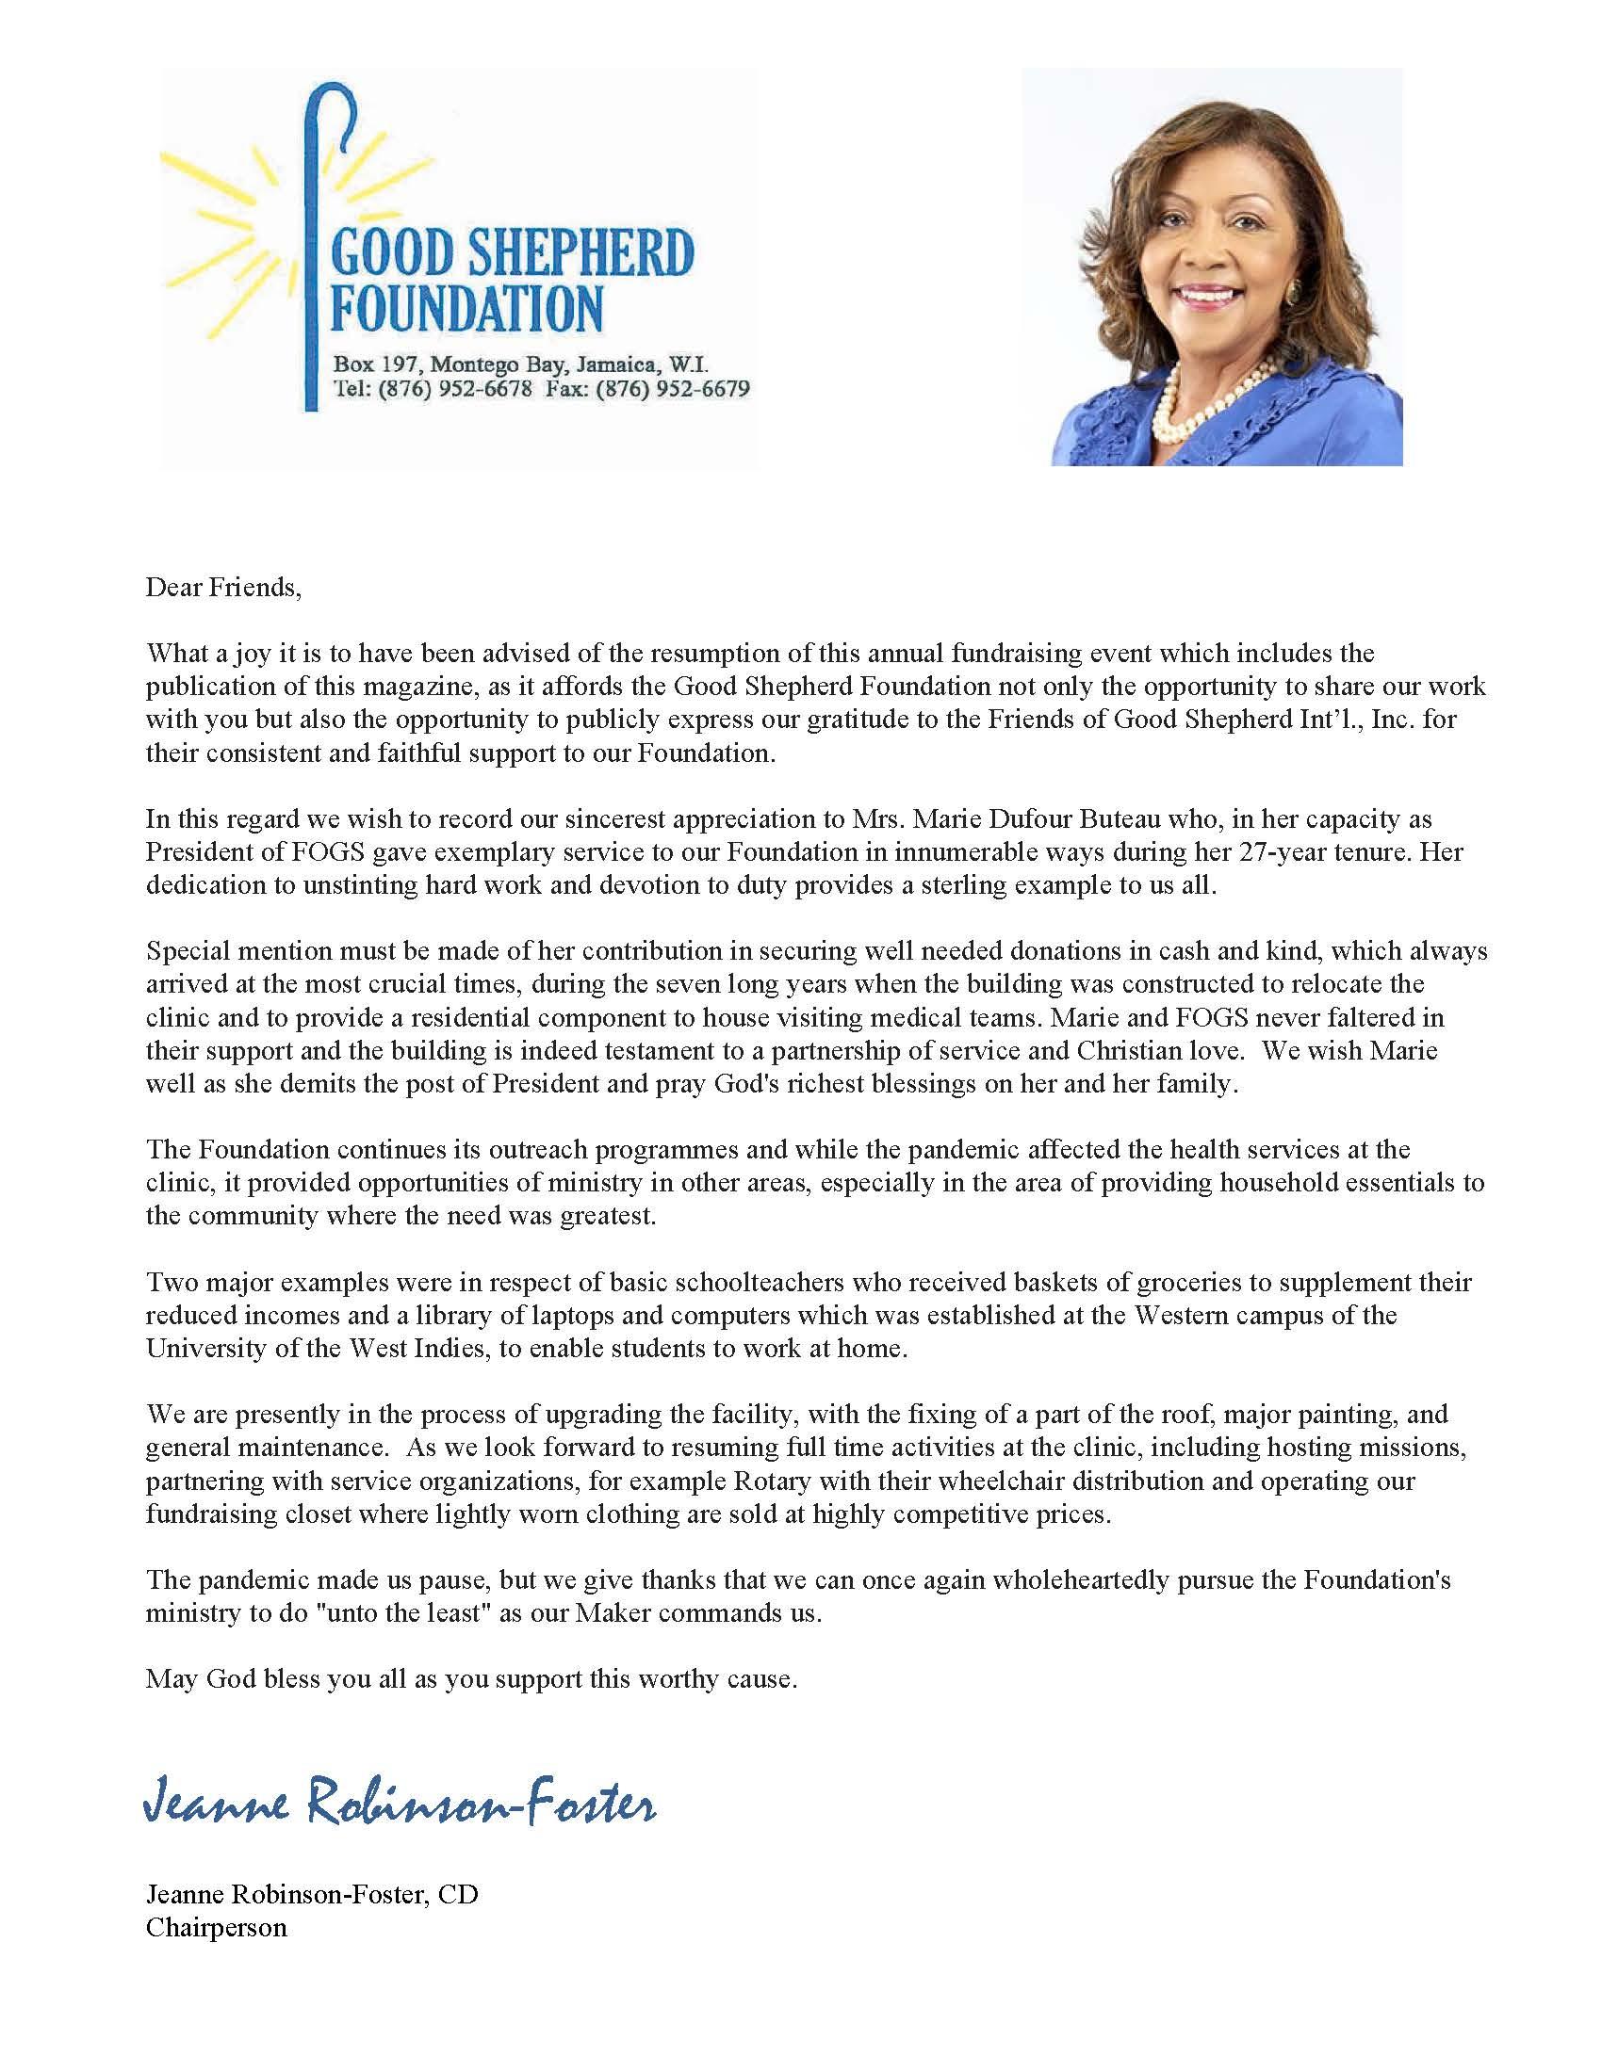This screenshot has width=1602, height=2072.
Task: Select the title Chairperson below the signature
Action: (x=216, y=1928)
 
